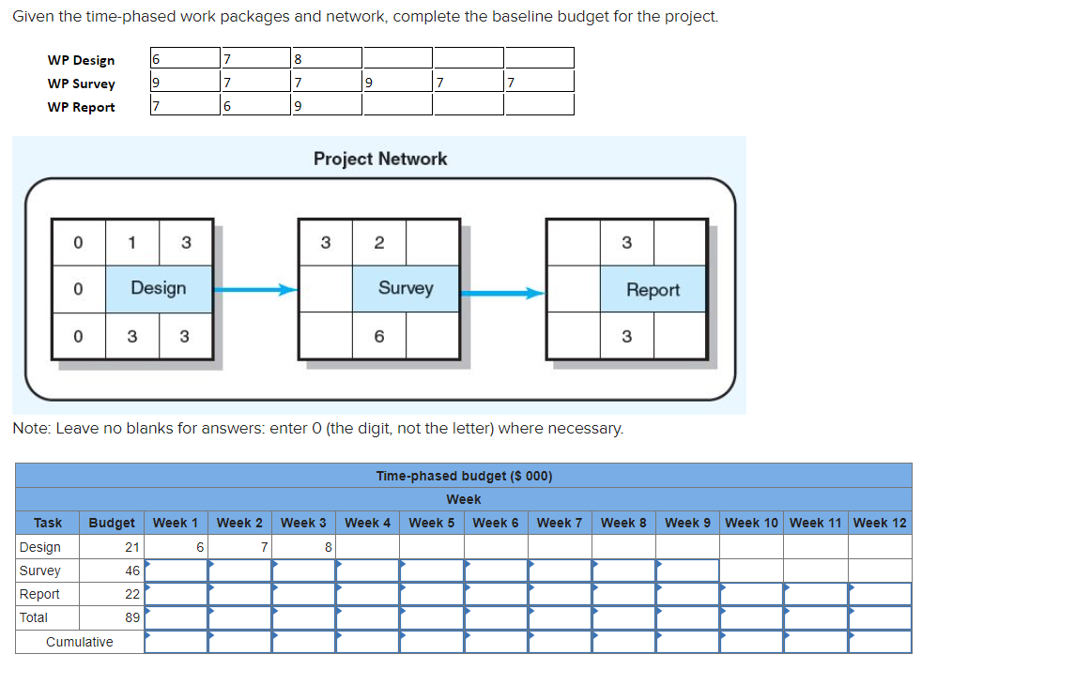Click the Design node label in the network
tap(158, 288)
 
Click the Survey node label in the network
tap(406, 288)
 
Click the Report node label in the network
tap(653, 290)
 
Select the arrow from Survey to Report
tap(502, 293)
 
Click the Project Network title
tap(380, 159)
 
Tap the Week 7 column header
tap(560, 523)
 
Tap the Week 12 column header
tap(880, 523)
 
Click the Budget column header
tap(112, 523)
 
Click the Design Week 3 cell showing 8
tap(303, 547)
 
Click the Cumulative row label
tap(80, 642)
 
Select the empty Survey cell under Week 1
tap(176, 571)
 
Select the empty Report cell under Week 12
tap(880, 594)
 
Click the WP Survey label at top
tap(82, 84)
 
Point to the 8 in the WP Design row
tap(299, 60)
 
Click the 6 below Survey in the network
tap(379, 336)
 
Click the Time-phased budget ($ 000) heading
tap(464, 476)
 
